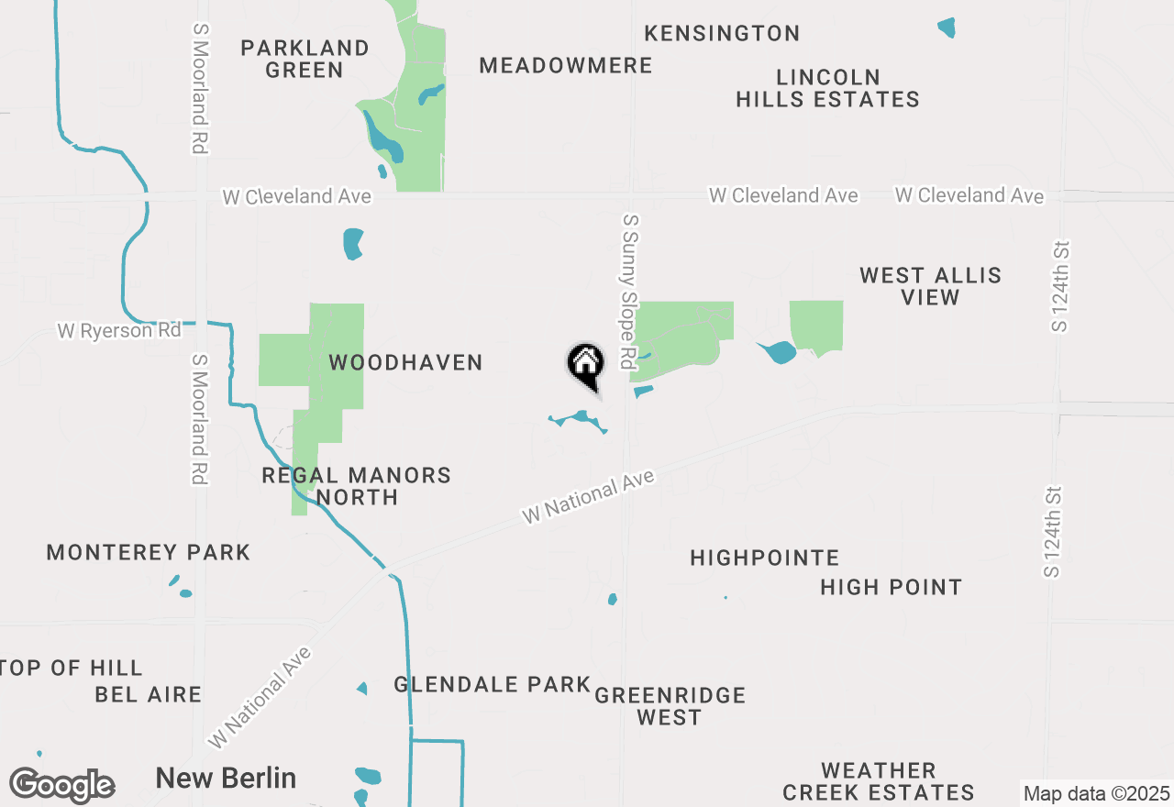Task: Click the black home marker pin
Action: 585,365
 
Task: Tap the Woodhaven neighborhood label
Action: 405,363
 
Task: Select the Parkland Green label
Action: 305,59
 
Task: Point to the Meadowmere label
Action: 566,66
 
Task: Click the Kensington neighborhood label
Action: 722,34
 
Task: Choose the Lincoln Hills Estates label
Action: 827,88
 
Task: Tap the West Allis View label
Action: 930,286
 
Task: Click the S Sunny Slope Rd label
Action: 629,292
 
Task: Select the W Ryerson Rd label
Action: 119,330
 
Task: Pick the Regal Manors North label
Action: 356,486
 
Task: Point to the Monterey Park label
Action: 148,552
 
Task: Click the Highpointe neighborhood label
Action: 764,558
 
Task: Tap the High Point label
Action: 891,587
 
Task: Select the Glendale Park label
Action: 492,684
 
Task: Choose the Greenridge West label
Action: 670,706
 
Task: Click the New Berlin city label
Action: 226,779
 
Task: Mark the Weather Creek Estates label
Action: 878,781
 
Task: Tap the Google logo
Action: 61,786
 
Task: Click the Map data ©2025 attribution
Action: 1096,793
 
